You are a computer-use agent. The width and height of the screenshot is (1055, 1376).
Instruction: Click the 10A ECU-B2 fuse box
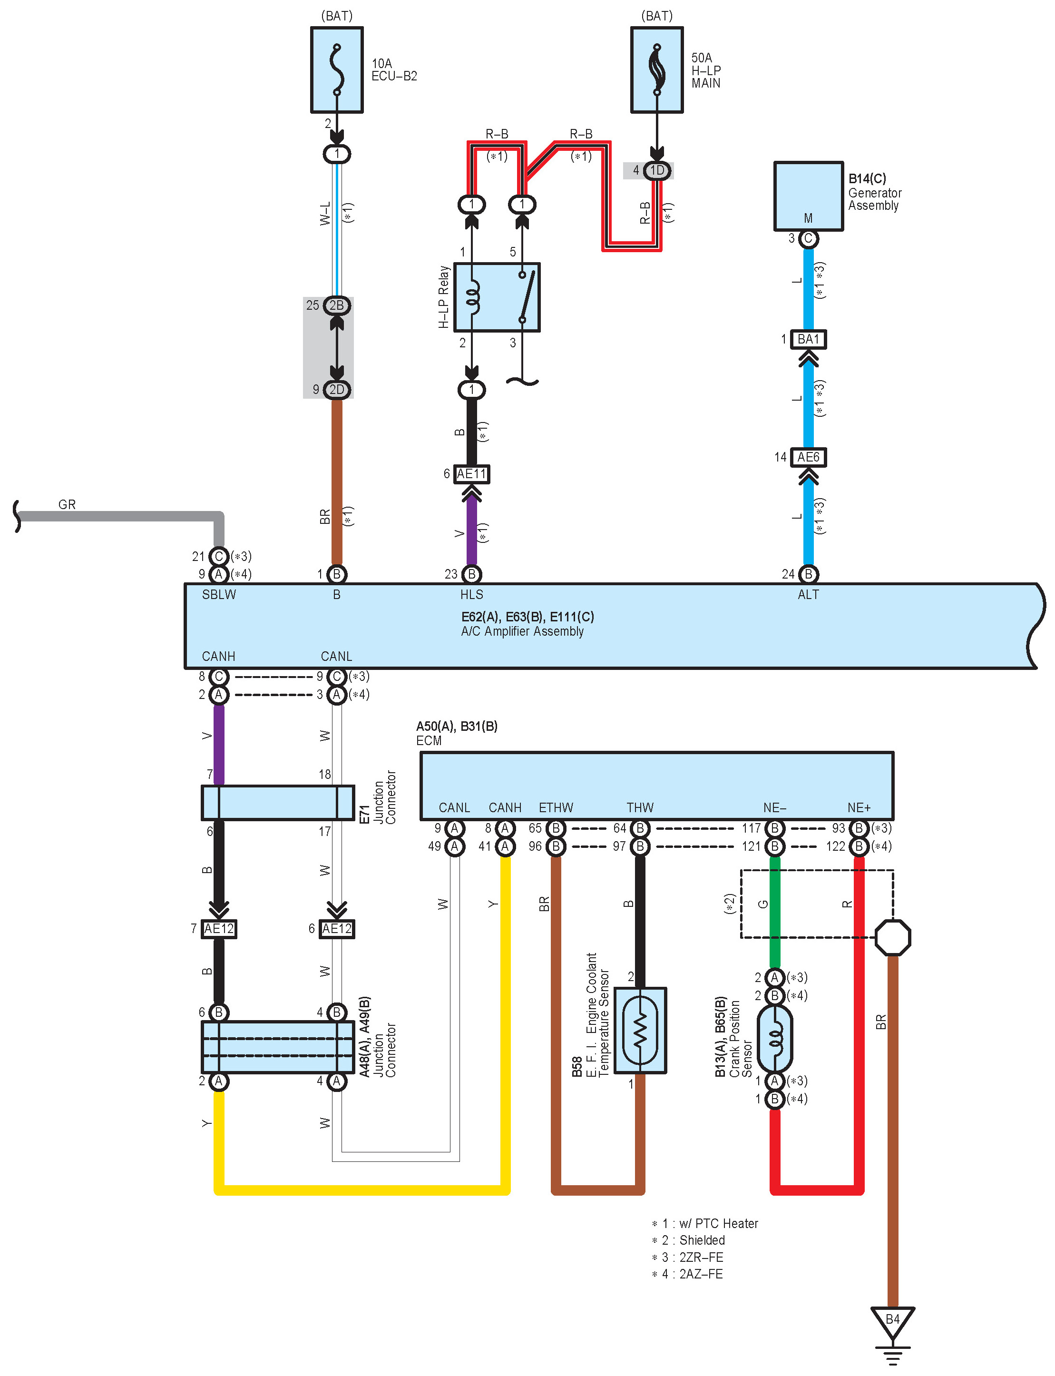pos(337,70)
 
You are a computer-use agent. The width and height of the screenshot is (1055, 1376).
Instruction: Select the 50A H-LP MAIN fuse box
pos(657,70)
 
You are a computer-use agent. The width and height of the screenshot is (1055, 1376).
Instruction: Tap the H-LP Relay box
pos(497,297)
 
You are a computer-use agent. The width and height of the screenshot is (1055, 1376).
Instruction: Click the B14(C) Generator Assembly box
pos(808,197)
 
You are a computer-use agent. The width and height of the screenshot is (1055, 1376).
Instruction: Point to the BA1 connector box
pos(808,339)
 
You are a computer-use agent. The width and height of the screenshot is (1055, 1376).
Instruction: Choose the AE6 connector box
pos(808,457)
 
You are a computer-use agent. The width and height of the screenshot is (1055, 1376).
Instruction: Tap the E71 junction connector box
pos(278,803)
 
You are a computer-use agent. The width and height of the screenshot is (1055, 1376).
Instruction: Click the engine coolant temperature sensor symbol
pos(640,1030)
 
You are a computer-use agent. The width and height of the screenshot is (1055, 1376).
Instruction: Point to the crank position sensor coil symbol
pos(775,1039)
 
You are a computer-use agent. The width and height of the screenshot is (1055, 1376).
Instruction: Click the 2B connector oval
pos(337,305)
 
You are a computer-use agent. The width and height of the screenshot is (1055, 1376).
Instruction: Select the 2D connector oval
pos(337,389)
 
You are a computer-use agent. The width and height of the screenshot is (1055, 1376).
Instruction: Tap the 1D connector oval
pos(657,171)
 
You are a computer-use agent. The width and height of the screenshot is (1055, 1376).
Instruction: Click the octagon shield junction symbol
pos(892,938)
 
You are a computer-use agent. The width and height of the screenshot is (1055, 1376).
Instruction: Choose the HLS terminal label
pos(471,595)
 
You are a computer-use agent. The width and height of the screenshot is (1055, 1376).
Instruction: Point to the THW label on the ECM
pos(640,807)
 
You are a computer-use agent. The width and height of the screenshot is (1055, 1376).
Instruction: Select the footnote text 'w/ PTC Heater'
pos(718,1223)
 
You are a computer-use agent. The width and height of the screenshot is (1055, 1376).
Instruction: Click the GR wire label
pos(67,504)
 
